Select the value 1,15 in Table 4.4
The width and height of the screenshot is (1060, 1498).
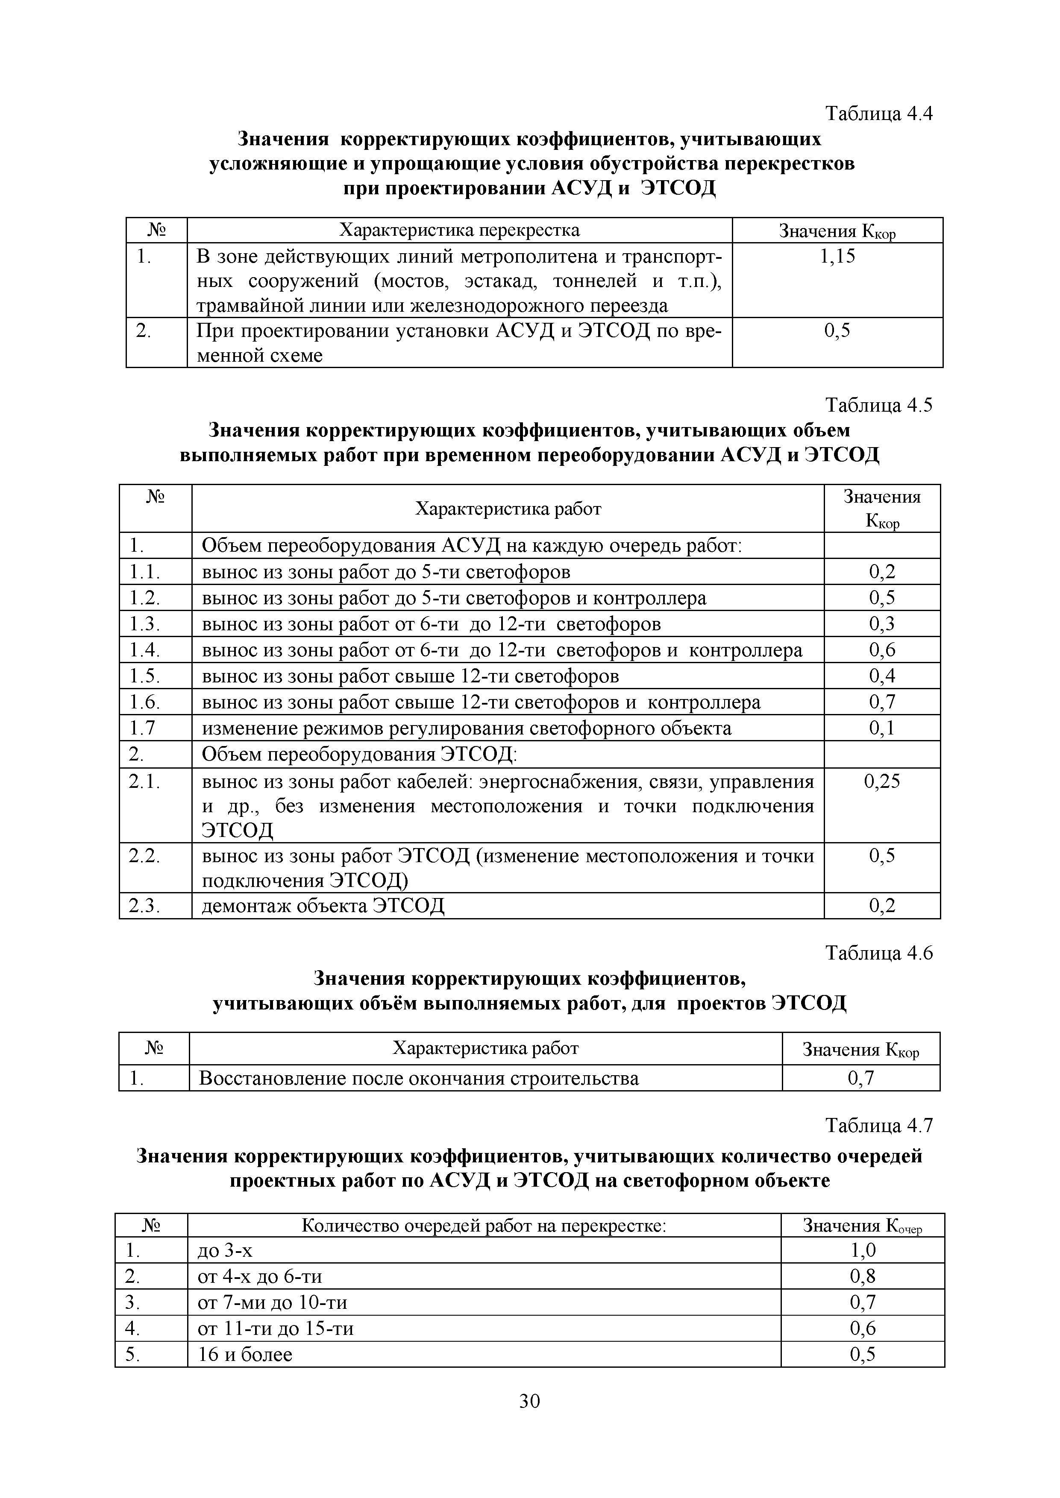click(x=837, y=256)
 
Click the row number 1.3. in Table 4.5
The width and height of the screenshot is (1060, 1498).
click(x=144, y=624)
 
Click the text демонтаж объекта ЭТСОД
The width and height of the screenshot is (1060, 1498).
click(x=323, y=906)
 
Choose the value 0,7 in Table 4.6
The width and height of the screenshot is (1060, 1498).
click(x=860, y=1079)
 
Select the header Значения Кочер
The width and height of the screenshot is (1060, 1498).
click(x=862, y=1226)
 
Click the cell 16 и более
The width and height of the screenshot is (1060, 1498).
click(x=245, y=1355)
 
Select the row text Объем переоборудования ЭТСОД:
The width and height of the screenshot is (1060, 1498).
click(x=359, y=755)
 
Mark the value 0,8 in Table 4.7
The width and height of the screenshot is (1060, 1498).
click(x=862, y=1277)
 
